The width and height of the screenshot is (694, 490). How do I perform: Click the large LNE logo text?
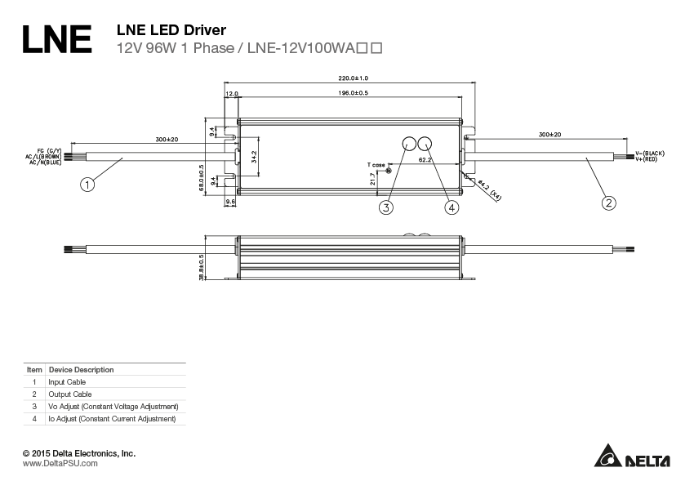click(x=56, y=38)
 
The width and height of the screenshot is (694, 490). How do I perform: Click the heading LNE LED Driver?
click(x=172, y=30)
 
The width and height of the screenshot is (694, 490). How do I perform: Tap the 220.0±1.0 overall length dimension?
click(x=353, y=78)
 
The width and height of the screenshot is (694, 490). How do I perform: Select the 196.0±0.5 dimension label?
click(x=353, y=94)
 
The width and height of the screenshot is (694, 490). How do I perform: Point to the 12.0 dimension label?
click(x=231, y=94)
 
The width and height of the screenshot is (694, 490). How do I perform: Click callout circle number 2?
click(x=608, y=203)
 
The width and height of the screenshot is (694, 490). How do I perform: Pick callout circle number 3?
click(x=386, y=207)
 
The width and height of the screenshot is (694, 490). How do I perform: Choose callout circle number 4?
click(x=452, y=207)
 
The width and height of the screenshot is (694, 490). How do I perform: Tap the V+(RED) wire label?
click(x=651, y=159)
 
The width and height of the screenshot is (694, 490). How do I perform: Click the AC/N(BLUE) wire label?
click(x=45, y=163)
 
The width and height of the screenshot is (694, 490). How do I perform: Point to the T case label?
click(x=376, y=165)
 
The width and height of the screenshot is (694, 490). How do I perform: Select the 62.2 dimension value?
click(x=425, y=161)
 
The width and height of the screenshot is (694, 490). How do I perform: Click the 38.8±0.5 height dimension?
click(x=201, y=267)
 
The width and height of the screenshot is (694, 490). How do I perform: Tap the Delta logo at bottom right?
click(x=632, y=457)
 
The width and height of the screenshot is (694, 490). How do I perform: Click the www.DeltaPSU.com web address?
click(x=60, y=463)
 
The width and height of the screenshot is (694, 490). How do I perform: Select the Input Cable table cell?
click(x=67, y=382)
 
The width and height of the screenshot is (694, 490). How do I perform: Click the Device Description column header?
click(x=81, y=370)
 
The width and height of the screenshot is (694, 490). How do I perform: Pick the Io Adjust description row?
click(x=112, y=419)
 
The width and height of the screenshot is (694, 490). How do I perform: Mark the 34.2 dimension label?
click(x=254, y=155)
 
